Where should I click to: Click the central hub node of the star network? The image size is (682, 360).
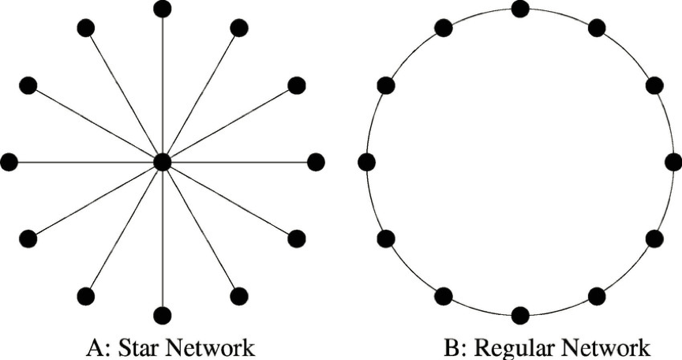[162, 162]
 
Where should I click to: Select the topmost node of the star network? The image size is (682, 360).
[162, 9]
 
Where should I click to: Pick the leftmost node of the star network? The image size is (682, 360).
[9, 162]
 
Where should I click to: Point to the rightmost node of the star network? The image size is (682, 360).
[316, 162]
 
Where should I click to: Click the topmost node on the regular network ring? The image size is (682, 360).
[520, 9]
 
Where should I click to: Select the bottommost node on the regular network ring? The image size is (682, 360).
[520, 314]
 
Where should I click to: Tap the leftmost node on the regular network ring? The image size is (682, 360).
[366, 162]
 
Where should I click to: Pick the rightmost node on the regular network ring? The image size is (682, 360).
[673, 162]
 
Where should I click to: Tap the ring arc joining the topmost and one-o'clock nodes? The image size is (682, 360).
[560, 14]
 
